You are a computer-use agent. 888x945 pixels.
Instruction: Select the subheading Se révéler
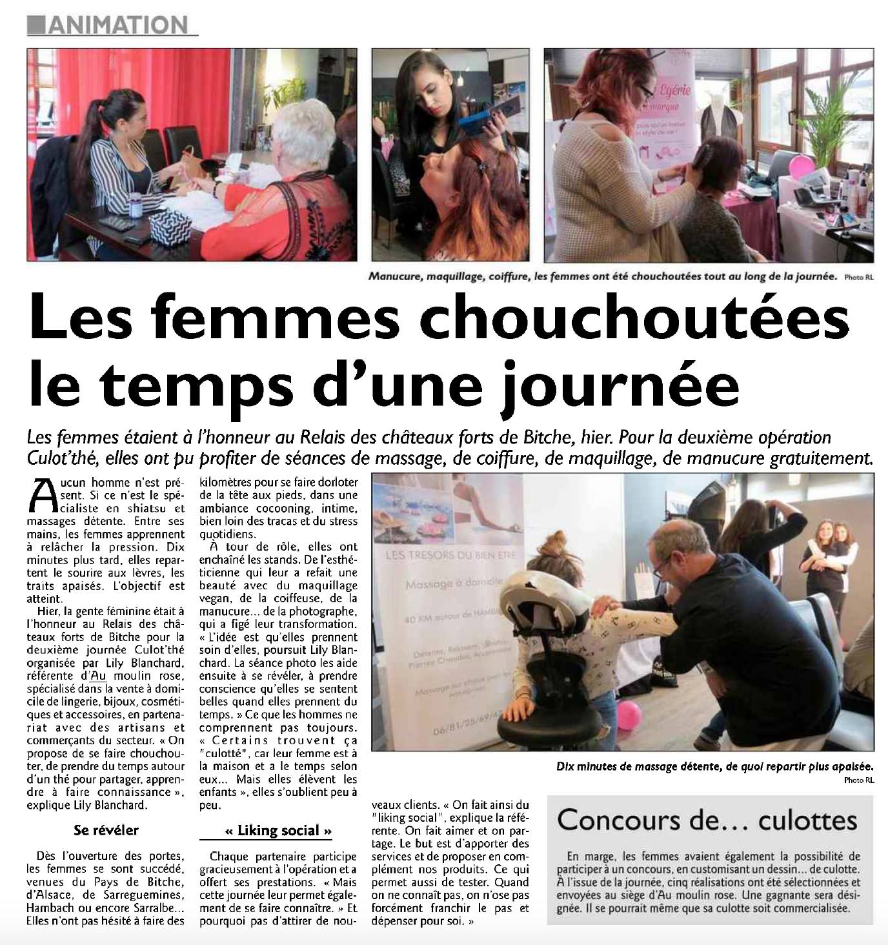tap(106, 830)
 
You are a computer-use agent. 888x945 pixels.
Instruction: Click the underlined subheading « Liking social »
tap(279, 830)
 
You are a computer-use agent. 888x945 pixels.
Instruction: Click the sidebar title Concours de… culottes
tap(707, 820)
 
